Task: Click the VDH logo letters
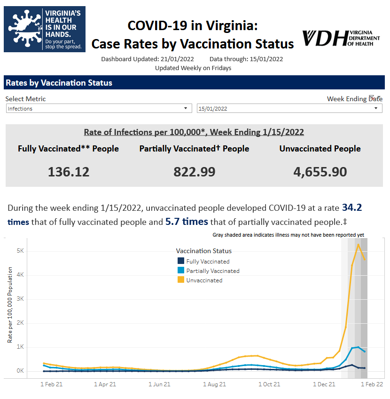coord(324,38)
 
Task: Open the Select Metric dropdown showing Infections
coord(99,109)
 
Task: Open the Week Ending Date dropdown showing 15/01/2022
coord(289,109)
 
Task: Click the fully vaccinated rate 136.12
coord(69,172)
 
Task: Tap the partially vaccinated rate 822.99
coord(194,172)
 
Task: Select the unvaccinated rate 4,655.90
coord(320,172)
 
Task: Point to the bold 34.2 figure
coord(351,207)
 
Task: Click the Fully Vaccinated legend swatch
coord(180,261)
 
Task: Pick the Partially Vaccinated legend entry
coord(212,271)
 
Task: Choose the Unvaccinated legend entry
coord(204,280)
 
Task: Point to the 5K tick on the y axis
coord(20,251)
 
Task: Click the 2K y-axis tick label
coord(20,323)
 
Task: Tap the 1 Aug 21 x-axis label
coord(214,384)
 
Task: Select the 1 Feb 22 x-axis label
coord(372,384)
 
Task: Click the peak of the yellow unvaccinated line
coord(358,244)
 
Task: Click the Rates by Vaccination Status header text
coord(59,83)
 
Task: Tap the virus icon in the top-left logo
coord(24,28)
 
